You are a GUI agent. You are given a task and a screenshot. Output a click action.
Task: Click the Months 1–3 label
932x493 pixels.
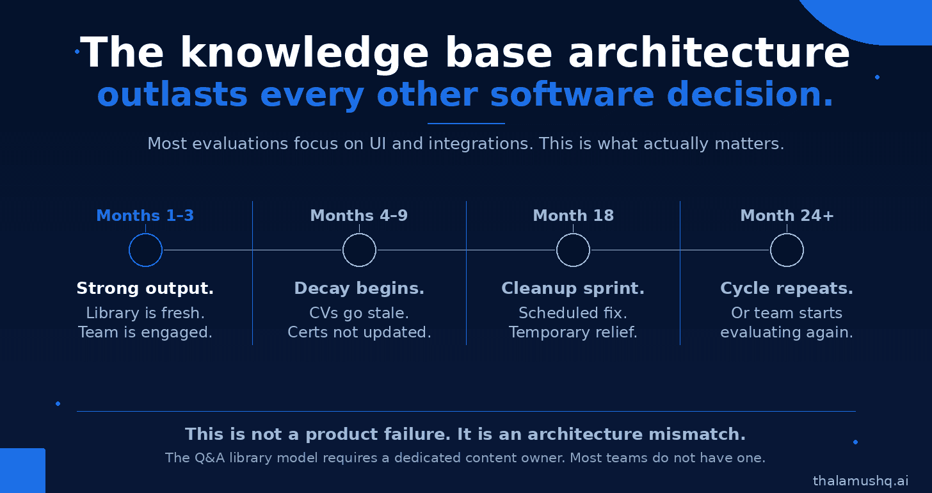click(145, 216)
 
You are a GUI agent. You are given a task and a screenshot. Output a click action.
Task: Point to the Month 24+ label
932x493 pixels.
click(787, 216)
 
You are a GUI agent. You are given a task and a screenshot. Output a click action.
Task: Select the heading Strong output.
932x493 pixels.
click(145, 288)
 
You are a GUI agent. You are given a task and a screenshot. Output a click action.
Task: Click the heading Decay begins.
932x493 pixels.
click(359, 288)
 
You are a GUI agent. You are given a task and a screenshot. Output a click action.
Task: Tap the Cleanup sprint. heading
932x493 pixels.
click(573, 288)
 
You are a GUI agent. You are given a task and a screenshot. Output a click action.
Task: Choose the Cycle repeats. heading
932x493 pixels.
click(787, 288)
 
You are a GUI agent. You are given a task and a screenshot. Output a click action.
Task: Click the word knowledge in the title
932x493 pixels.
click(303, 53)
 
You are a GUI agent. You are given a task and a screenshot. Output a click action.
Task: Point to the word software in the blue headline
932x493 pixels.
click(572, 95)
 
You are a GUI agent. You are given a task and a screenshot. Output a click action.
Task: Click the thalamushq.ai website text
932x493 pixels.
click(860, 481)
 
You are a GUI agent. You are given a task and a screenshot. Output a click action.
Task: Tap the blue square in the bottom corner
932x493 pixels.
click(22, 471)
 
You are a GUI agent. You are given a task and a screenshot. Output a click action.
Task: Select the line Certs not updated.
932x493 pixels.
click(359, 332)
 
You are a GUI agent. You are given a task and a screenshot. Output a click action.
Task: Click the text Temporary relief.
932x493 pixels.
click(573, 332)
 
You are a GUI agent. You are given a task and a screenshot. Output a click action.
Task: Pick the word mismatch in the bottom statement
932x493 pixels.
click(697, 434)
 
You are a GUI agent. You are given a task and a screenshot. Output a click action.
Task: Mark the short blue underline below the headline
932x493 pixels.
click(466, 124)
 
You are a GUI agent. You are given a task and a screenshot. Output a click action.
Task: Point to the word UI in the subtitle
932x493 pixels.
click(378, 144)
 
